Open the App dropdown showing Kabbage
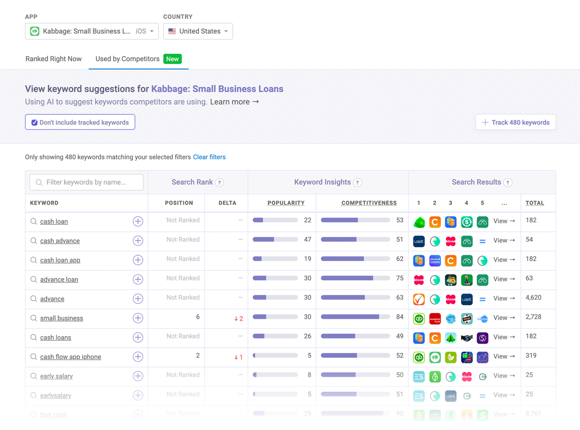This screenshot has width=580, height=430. pos(91,31)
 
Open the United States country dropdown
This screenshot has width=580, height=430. pos(198,31)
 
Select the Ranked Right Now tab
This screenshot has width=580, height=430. pos(54,59)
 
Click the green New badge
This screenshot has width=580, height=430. pos(172,59)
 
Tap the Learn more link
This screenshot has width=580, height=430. pos(234,102)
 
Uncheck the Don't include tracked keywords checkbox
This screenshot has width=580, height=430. pos(35,123)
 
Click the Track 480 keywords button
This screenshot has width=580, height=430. pos(516,122)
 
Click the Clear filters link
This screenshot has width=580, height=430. pos(209,157)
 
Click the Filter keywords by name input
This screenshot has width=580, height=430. pos(87,182)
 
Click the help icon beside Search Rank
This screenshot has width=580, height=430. pos(220,183)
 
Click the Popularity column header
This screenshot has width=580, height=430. pos(286,203)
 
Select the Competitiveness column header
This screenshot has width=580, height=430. pos(369,203)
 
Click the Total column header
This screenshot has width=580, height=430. pos(534,203)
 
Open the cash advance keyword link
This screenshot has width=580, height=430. pos(60,241)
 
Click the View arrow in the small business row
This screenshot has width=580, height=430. pos(504,318)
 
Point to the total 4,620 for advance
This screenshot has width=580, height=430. pos(533,298)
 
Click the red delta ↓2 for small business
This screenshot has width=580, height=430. pos(238,319)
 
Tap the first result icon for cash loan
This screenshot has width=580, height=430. pos(419,222)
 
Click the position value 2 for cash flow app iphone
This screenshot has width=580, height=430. pos(198,356)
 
